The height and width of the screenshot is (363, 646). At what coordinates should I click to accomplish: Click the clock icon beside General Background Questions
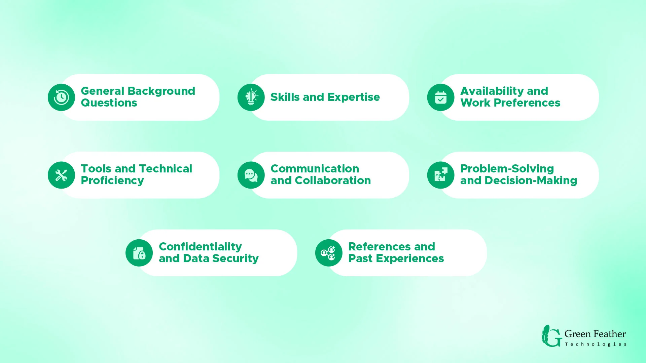(x=61, y=97)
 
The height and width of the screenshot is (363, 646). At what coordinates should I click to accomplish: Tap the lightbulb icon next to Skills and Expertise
(x=251, y=97)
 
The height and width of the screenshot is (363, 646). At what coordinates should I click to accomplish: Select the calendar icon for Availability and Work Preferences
(x=441, y=97)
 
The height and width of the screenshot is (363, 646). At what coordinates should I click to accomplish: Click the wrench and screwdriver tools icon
(x=61, y=175)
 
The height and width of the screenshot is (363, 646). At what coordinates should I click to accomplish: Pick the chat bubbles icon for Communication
(x=251, y=175)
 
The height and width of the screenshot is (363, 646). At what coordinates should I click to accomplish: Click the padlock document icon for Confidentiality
(x=139, y=253)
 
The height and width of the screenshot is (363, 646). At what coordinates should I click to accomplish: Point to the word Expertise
(x=354, y=97)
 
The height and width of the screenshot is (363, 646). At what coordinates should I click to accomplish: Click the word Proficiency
(x=112, y=181)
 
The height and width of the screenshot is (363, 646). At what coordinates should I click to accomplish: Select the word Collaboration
(x=333, y=180)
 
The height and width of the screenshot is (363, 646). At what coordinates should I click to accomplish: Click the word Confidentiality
(x=200, y=247)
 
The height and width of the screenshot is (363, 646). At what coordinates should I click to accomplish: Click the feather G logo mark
(x=551, y=336)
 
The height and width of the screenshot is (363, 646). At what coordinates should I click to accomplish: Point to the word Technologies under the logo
(x=596, y=344)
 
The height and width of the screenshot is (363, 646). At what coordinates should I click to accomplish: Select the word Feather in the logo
(x=610, y=334)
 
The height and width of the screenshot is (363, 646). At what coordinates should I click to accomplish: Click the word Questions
(x=109, y=103)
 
